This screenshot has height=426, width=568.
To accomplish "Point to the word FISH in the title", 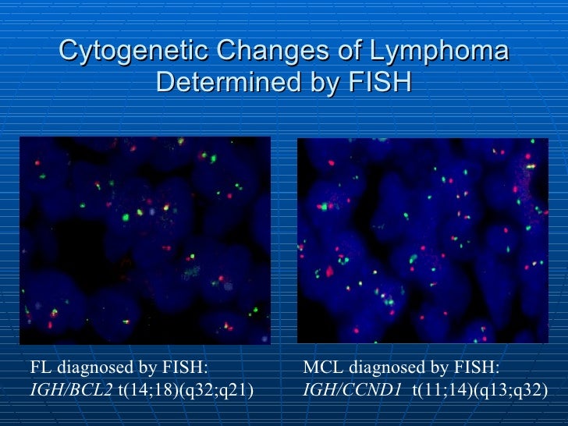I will [378, 81].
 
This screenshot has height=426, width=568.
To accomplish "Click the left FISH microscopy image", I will [145, 240].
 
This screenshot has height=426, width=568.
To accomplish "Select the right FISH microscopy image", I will [422, 240].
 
